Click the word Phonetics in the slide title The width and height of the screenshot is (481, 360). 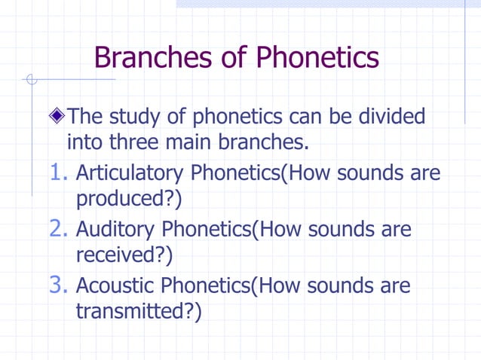[x=317, y=56]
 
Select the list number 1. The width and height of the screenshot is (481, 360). [x=60, y=174]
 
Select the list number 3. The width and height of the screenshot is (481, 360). [x=60, y=286]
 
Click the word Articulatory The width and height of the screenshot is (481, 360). [x=130, y=174]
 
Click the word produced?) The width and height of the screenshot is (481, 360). [x=129, y=200]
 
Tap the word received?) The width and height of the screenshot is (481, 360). [x=124, y=255]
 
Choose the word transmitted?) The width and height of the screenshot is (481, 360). [x=139, y=312]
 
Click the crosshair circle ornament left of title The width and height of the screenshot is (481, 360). [x=31, y=79]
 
